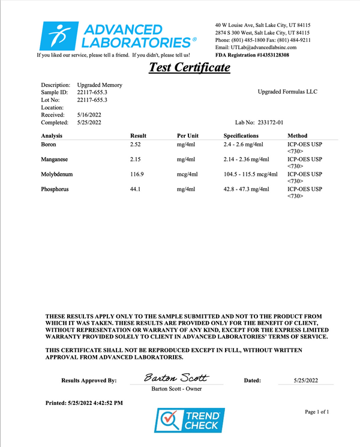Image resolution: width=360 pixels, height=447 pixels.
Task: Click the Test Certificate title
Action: [189, 67]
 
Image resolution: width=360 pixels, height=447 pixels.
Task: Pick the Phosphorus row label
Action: [55, 189]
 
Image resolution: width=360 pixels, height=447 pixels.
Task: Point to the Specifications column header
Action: [241, 136]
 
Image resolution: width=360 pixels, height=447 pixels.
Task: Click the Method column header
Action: [298, 136]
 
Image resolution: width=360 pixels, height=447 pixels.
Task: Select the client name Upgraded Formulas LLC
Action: [287, 91]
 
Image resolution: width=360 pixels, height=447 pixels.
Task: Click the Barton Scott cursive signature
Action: [176, 378]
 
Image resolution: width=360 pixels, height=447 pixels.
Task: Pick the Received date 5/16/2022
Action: [89, 114]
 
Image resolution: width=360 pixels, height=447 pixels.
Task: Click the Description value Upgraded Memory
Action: [100, 85]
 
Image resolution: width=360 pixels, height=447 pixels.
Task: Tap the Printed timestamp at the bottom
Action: [85, 403]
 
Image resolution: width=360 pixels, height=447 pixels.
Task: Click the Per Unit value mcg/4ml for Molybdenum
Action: [187, 174]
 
